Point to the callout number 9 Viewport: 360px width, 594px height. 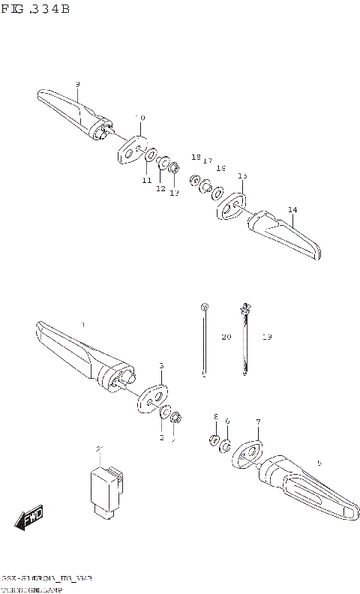pos(77,84)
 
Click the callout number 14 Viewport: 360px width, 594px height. pos(292,209)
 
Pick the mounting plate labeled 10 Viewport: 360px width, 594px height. pos(130,149)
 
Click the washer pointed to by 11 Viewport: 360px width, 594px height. pos(150,155)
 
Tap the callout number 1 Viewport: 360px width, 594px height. pos(83,325)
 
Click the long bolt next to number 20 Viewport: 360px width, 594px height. pos(204,340)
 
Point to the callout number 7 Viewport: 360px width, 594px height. pos(258,422)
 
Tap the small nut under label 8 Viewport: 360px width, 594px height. pos(213,440)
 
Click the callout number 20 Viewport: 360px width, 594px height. pos(226,338)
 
